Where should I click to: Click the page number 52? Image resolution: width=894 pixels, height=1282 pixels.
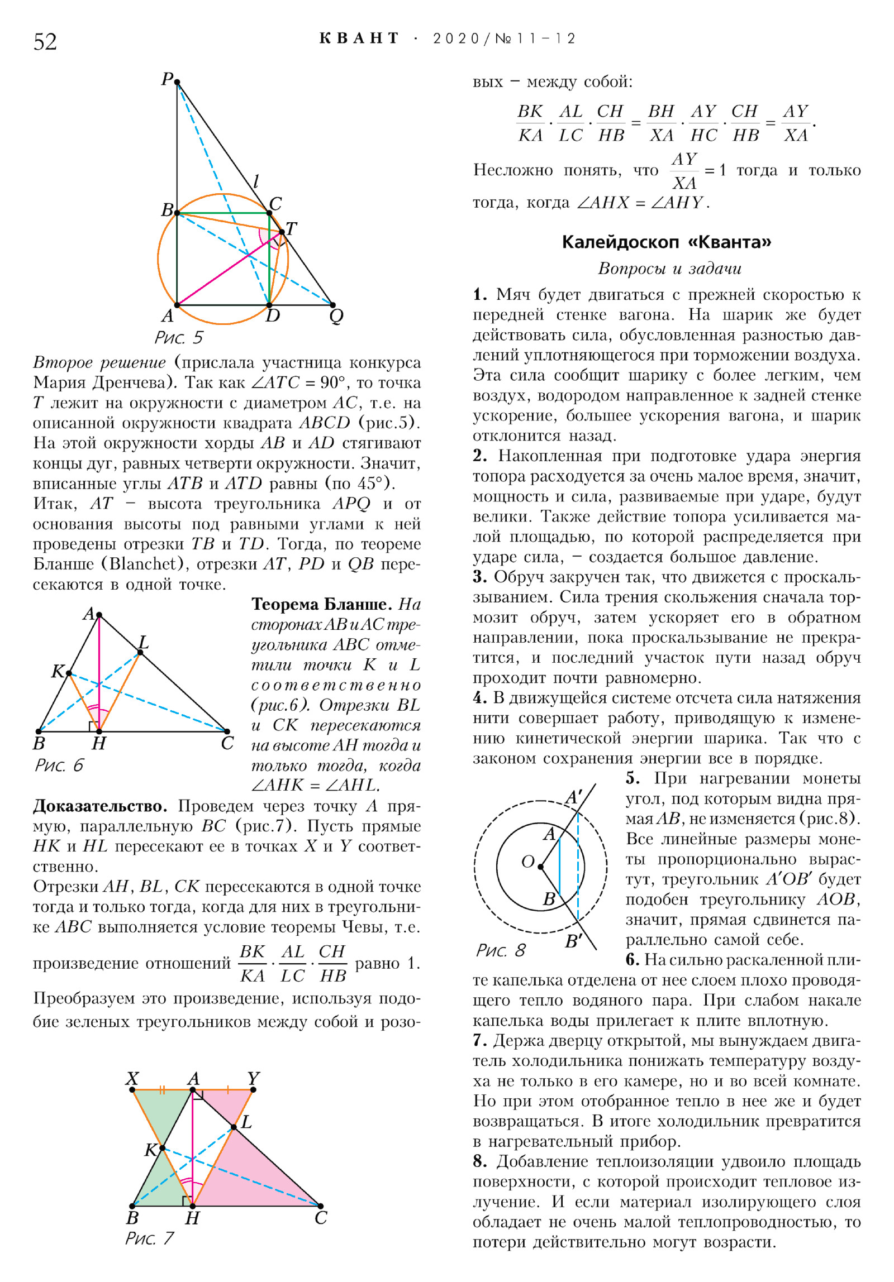[45, 42]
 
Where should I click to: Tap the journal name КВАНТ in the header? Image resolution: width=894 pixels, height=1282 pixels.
[359, 38]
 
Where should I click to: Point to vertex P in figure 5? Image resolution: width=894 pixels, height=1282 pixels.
[177, 83]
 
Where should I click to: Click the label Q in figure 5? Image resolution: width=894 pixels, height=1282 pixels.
[336, 317]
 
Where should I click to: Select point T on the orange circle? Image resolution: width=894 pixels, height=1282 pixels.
[282, 232]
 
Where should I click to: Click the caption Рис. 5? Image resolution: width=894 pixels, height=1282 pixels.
[178, 337]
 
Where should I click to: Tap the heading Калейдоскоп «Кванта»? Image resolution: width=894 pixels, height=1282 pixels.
[666, 242]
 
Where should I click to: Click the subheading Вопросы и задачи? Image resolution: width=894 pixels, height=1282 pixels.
[669, 269]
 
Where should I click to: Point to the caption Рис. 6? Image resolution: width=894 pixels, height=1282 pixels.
[59, 764]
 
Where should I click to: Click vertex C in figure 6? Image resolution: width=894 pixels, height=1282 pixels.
[227, 731]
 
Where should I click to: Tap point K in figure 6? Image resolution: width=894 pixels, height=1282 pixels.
[69, 673]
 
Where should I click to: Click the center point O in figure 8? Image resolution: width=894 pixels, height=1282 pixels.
[540, 867]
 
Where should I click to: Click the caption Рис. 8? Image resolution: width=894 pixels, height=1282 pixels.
[501, 950]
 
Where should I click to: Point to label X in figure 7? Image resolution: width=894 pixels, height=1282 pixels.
[132, 1078]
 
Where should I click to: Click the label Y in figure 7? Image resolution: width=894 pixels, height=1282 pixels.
[253, 1078]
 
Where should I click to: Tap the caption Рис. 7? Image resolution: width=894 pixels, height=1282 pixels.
[149, 1238]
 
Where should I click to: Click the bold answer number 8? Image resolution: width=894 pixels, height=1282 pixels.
[479, 1161]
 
